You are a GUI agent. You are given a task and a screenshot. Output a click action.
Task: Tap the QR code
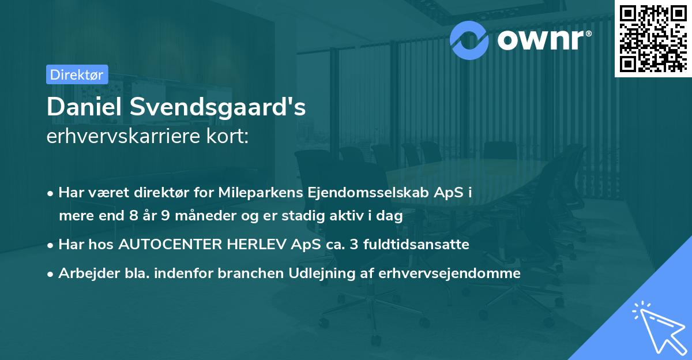(653, 37)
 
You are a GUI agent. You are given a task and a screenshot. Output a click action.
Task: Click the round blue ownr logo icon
(469, 39)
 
